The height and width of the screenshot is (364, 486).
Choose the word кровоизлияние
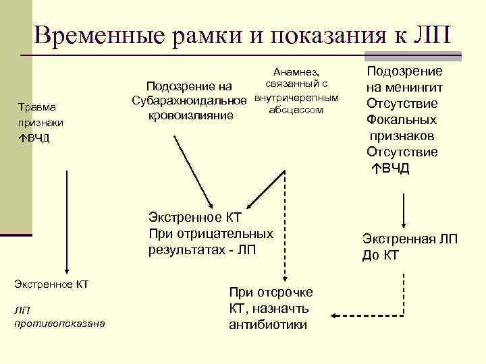[188, 115]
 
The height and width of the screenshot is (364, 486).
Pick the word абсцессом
[296, 110]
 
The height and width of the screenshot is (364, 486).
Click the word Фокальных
[402, 119]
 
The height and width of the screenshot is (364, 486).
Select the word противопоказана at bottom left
[59, 323]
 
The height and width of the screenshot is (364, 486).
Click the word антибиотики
[268, 325]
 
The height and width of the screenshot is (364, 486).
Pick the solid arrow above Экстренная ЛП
[403, 209]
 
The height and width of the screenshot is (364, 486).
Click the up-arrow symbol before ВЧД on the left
[22, 138]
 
